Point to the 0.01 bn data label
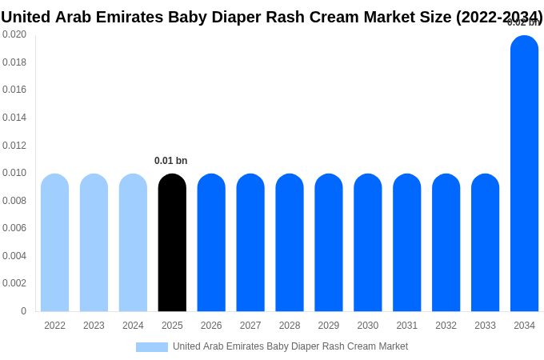[171, 161]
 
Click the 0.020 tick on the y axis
[14, 34]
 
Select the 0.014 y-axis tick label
[14, 118]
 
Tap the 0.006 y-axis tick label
[14, 228]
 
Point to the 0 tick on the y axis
[23, 311]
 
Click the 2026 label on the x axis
[211, 326]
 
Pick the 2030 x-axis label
[368, 326]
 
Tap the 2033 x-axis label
[485, 326]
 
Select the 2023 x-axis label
[94, 326]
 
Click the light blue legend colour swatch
[152, 347]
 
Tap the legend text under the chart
[290, 346]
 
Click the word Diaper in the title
[239, 17]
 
